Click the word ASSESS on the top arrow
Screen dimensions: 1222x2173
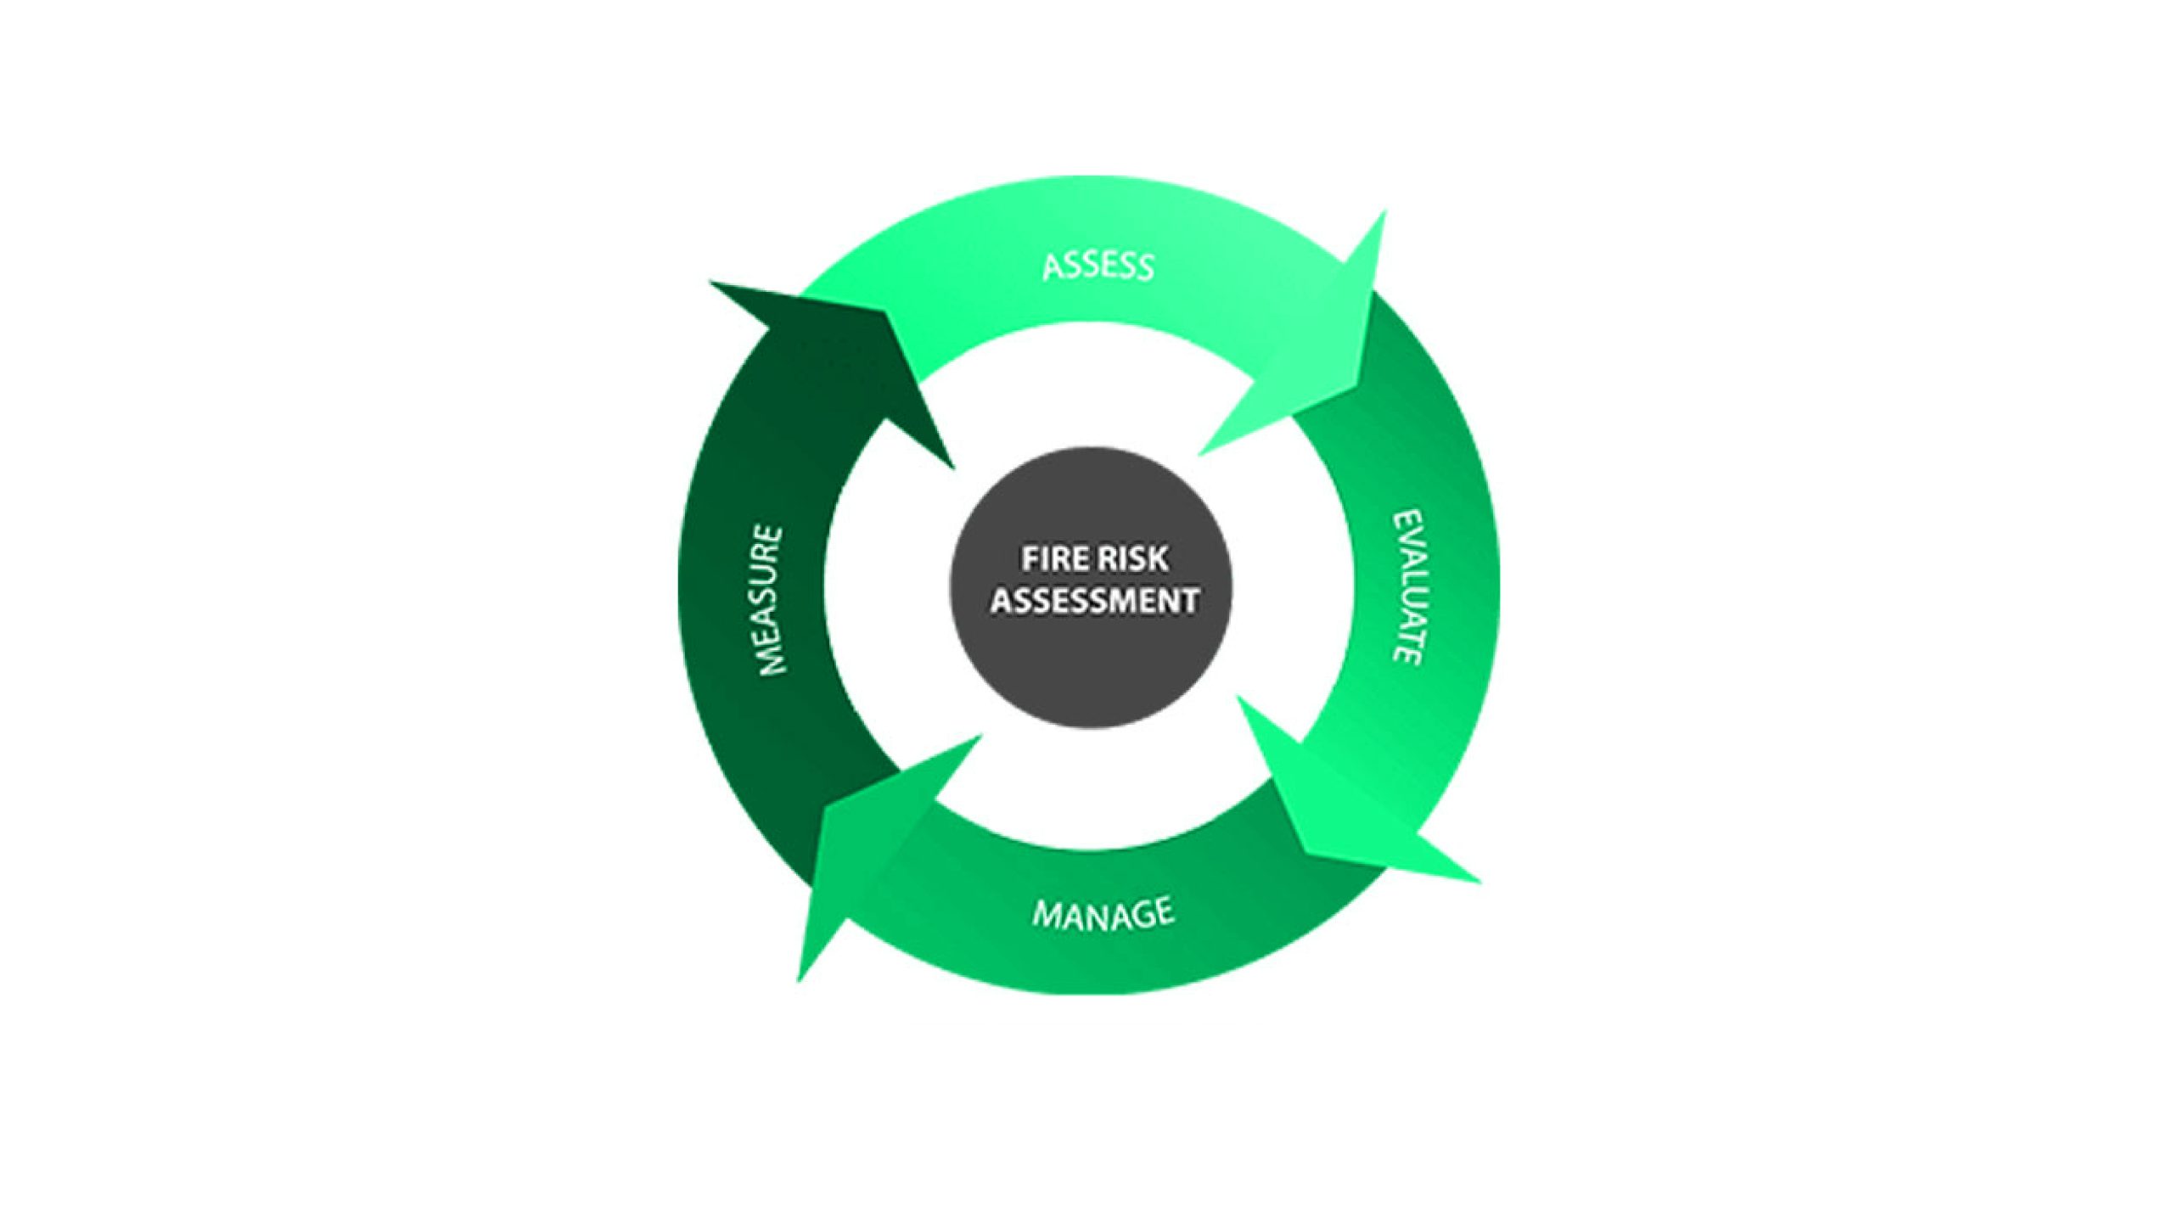coord(1098,266)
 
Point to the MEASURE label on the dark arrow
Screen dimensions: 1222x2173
coord(770,600)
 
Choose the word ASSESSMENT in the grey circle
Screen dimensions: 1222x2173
coord(1094,601)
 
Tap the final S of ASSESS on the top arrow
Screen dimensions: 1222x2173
coord(1144,269)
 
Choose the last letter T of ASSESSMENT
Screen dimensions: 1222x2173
coord(1191,601)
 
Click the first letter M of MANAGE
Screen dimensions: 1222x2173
coord(1043,916)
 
